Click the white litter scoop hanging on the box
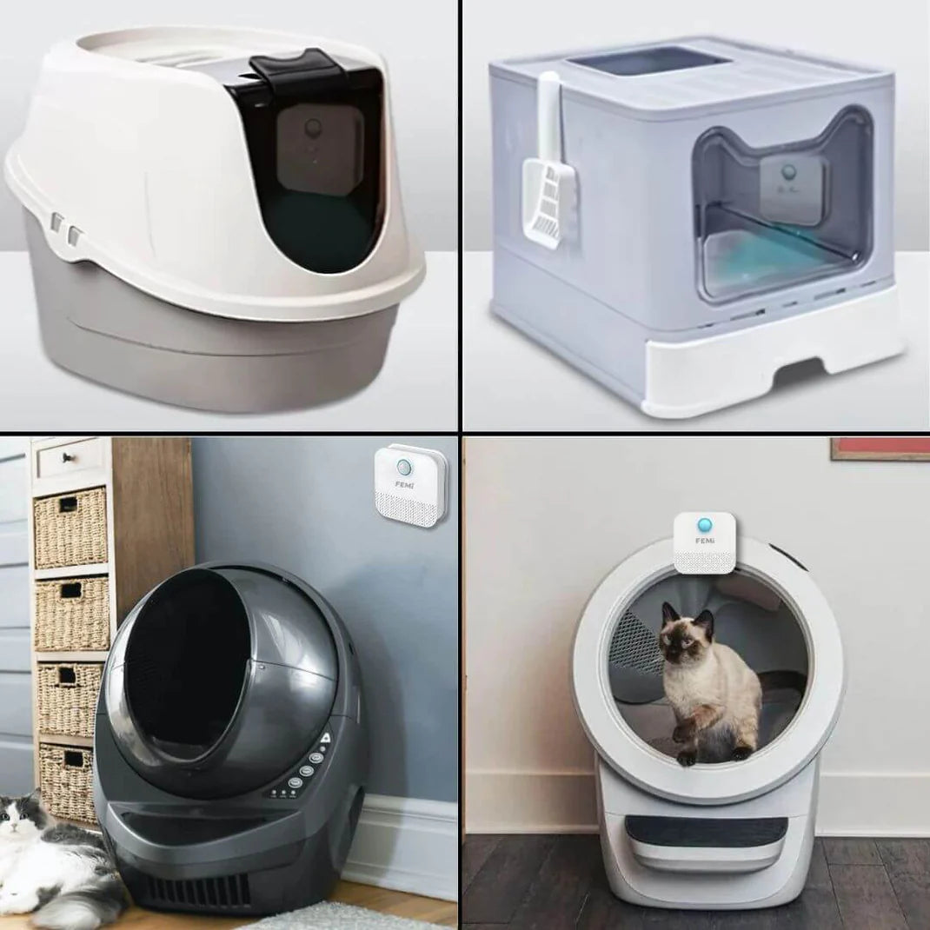point(548,178)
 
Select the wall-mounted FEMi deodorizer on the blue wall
point(410,485)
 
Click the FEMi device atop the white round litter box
point(705,542)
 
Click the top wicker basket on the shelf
point(70,527)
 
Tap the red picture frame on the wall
point(880,448)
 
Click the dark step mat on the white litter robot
point(706,831)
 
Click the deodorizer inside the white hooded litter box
point(319,149)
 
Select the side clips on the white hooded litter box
point(65,229)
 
